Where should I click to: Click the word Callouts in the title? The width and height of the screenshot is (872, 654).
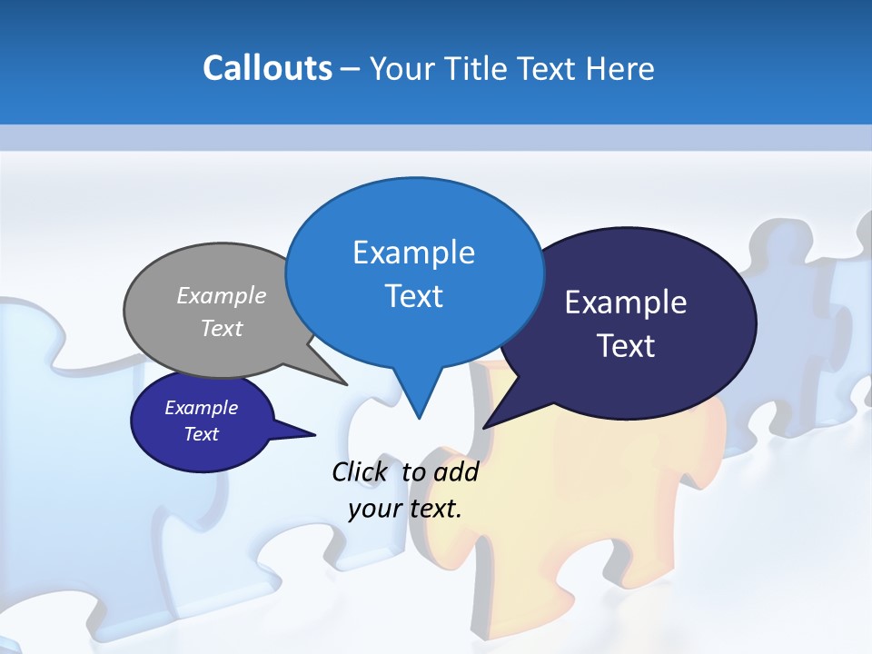point(267,68)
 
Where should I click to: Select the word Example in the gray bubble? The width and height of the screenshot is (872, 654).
point(222,295)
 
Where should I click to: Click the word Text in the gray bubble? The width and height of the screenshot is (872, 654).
point(222,328)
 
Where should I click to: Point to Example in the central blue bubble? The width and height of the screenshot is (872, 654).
point(413,253)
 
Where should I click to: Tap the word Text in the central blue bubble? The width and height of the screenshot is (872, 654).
point(413,296)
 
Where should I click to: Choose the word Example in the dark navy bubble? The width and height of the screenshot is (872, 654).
point(626,302)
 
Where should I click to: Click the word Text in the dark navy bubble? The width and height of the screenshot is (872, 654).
point(626,346)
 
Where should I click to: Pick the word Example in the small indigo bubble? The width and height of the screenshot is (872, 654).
point(201,408)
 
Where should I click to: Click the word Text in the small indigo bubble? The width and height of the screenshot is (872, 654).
point(201,434)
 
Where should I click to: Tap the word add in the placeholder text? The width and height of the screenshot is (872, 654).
point(455,472)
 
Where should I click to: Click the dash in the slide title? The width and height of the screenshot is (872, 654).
point(351,69)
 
